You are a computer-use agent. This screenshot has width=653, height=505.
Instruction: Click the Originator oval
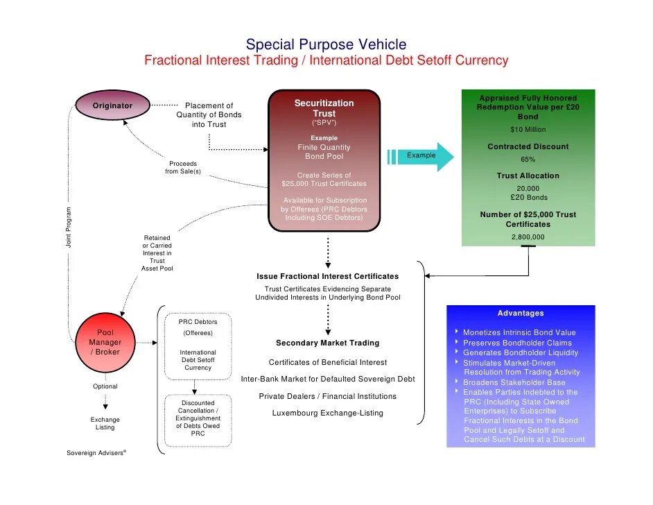click(x=112, y=105)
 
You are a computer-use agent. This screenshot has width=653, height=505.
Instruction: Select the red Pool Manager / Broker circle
click(x=105, y=342)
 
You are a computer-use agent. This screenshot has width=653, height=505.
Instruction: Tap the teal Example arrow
click(x=421, y=155)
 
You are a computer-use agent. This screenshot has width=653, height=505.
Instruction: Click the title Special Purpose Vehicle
click(x=326, y=44)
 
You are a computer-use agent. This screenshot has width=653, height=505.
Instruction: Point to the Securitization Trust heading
click(x=324, y=108)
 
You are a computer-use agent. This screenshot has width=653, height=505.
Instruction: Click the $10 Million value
click(x=528, y=130)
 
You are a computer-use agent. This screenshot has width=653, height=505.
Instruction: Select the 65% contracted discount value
click(x=528, y=159)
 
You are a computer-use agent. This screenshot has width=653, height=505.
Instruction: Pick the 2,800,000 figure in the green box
click(x=528, y=237)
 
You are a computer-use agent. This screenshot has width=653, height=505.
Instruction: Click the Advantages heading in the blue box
click(x=521, y=314)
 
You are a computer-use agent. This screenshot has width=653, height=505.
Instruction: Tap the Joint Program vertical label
click(x=69, y=228)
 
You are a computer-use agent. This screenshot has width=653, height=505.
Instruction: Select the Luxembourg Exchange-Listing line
click(x=327, y=413)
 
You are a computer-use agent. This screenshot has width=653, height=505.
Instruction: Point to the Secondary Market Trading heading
click(x=327, y=343)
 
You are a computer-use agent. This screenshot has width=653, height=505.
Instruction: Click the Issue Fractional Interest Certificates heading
click(x=327, y=276)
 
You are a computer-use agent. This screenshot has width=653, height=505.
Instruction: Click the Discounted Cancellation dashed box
click(x=198, y=418)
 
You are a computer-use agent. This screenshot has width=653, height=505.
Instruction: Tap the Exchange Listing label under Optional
click(x=105, y=423)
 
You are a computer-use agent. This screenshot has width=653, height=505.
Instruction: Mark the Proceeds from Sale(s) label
click(x=183, y=167)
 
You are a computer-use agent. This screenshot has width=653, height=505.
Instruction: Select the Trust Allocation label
click(x=528, y=176)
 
